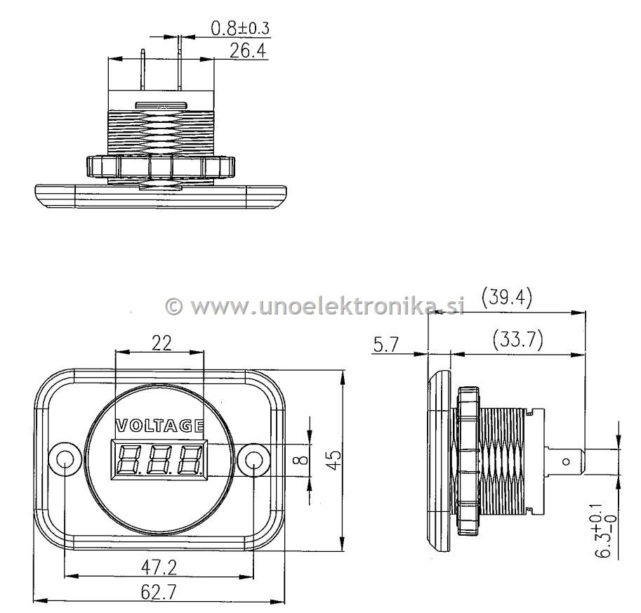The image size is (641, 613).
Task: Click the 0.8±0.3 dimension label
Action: [240, 28]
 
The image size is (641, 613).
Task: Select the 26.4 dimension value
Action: [249, 51]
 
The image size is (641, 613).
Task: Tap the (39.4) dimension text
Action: [506, 298]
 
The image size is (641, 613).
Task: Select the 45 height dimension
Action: [335, 461]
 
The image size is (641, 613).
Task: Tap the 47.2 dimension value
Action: [157, 567]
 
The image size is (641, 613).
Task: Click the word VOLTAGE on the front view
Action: [159, 426]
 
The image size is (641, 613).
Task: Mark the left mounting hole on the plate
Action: [65, 460]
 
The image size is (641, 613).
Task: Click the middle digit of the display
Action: [160, 461]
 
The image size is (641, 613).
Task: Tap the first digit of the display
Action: [131, 461]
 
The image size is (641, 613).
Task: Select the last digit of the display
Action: [189, 461]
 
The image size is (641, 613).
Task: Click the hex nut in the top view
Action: [160, 166]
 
